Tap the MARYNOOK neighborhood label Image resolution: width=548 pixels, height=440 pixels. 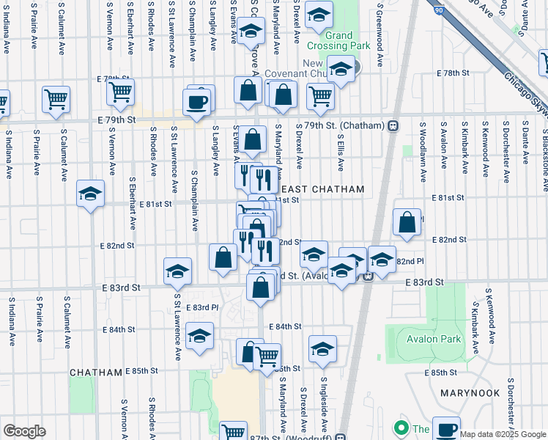tap(470, 393)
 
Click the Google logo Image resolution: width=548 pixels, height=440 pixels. tap(24, 431)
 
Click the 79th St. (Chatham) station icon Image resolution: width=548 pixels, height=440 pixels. tap(393, 125)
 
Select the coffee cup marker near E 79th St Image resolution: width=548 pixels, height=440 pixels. tap(196, 101)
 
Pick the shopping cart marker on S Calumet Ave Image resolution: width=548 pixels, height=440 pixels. tap(56, 99)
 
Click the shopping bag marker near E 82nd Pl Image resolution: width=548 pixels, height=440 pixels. tap(407, 223)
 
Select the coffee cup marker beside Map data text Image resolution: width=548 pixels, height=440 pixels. tap(445, 429)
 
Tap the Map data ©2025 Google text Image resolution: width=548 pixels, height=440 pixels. tap(503, 434)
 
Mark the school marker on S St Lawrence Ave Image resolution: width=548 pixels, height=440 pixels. tap(177, 272)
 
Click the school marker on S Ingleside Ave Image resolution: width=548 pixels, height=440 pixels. tap(322, 350)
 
